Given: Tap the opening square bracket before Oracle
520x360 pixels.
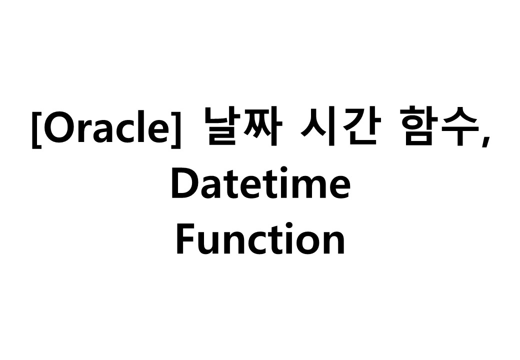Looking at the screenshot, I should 36,130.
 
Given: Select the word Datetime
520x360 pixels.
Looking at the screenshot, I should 260,184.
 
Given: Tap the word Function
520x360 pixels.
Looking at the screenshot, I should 260,239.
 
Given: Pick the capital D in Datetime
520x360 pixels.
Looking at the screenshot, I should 183,184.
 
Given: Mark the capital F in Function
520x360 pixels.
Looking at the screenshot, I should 185,239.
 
